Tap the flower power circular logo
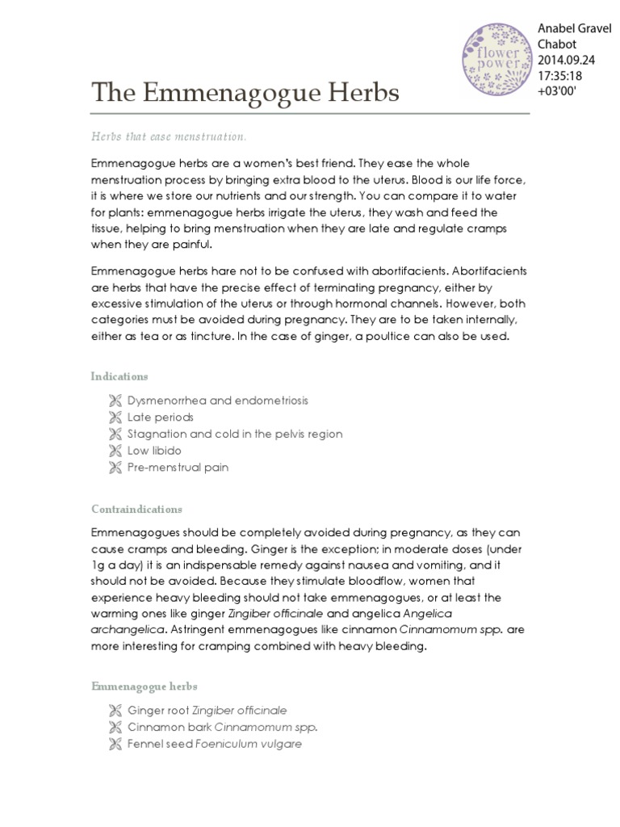pos(496,58)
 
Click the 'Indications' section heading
pos(119,376)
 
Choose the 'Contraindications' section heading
pos(136,510)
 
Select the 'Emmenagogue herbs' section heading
pos(144,686)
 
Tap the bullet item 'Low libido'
pos(154,451)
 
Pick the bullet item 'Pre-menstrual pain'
pos(178,468)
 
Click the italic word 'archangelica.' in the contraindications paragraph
pos(127,630)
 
